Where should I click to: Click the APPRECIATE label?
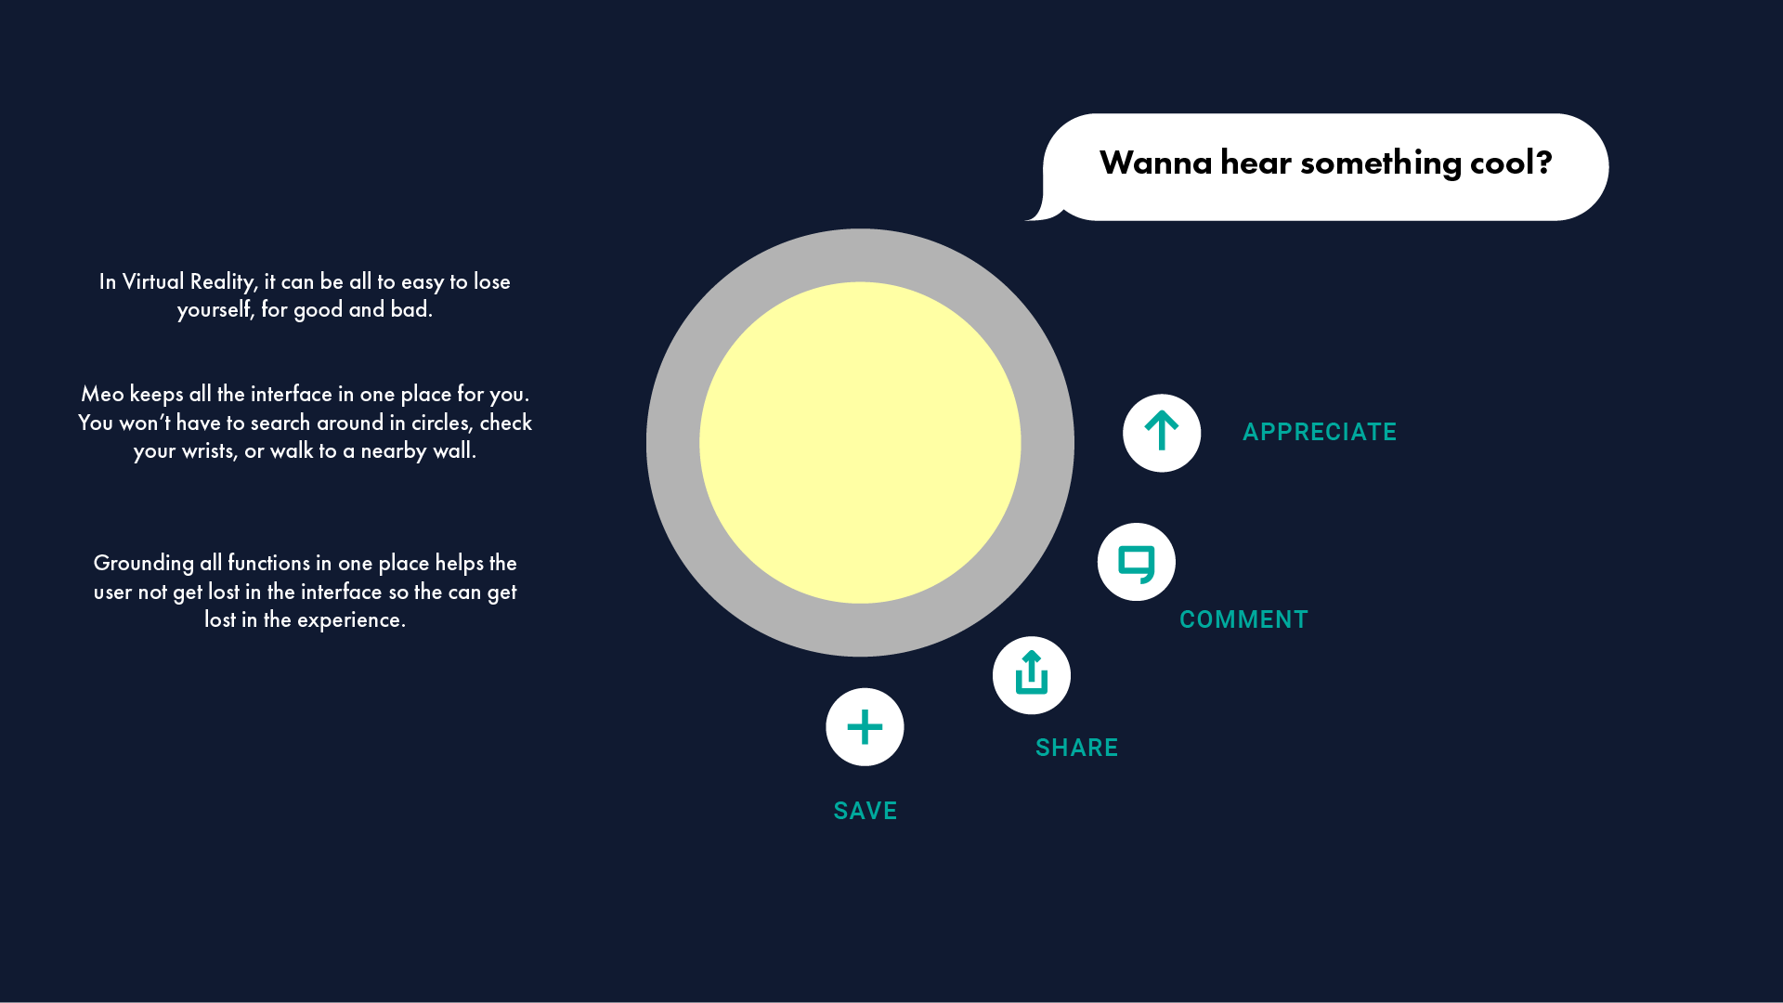(1320, 432)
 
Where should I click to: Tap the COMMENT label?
(1243, 619)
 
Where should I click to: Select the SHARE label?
(1076, 748)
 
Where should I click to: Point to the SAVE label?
(865, 811)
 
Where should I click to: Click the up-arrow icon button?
(1162, 433)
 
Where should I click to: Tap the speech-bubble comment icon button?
(1137, 562)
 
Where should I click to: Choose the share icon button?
(1032, 675)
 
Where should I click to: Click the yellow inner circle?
(860, 443)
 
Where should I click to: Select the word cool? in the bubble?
(1511, 163)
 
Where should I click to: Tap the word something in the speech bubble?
(1381, 163)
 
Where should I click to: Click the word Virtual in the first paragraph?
(153, 281)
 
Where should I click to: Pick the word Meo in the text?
(102, 394)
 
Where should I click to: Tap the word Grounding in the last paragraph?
(144, 564)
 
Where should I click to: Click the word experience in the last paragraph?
(350, 620)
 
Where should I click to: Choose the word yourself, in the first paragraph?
(215, 310)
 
